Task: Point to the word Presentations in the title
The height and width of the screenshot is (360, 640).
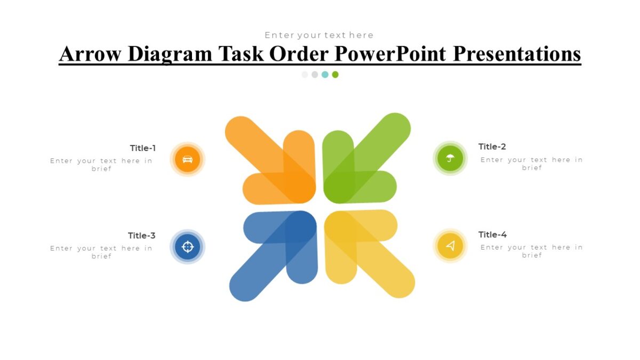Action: pos(517,54)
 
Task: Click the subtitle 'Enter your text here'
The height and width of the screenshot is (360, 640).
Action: pos(319,35)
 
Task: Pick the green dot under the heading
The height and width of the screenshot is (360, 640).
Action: pos(335,75)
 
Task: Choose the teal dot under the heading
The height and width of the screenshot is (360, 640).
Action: pos(325,75)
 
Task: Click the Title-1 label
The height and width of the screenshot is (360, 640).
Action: pos(143,148)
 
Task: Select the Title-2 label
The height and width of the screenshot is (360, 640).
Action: pos(492,147)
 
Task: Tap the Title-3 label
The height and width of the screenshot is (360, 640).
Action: pos(142,236)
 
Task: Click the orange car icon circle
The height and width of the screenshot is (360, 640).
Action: pos(187,159)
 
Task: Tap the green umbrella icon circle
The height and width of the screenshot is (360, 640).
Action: pos(450,158)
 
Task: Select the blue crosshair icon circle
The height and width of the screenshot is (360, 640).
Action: pos(187,246)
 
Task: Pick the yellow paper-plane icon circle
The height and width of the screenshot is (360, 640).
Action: pos(450,246)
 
